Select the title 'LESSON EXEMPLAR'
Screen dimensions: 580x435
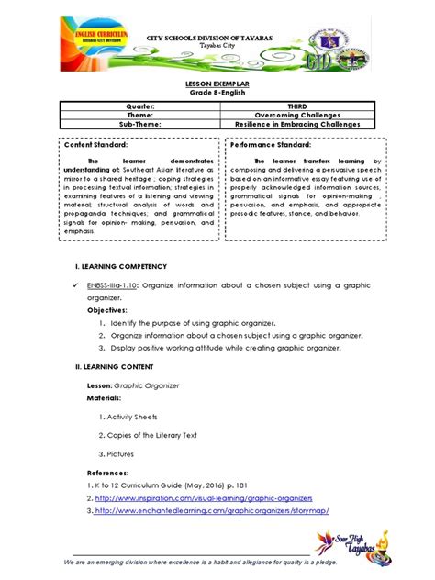pos(217,84)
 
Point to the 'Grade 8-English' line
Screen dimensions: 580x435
pos(217,94)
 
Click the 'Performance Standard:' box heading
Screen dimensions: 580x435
pos(271,145)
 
